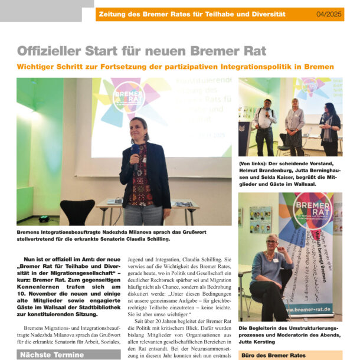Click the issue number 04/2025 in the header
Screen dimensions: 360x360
(x=329, y=14)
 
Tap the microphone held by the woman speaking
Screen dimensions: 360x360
(x=135, y=150)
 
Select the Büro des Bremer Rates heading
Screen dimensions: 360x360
(x=273, y=355)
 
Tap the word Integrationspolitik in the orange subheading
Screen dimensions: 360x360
(x=249, y=67)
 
